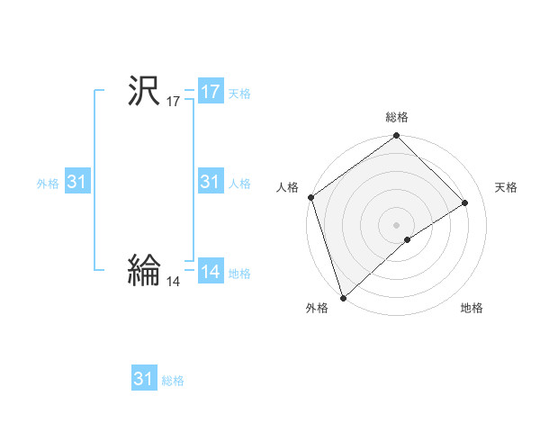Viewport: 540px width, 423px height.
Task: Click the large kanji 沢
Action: pos(143,91)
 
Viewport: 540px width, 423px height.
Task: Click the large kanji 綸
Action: pos(143,270)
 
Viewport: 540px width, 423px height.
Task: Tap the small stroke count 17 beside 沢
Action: pos(173,103)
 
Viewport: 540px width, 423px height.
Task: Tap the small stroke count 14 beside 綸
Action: pos(173,282)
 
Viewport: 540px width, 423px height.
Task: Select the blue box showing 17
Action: pos(211,92)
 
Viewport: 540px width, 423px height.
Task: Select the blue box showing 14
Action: pos(211,272)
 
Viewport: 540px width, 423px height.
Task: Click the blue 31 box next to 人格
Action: pos(211,183)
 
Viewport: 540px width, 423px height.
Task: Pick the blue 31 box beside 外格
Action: pos(77,183)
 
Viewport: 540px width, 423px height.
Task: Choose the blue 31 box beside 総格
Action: pos(144,379)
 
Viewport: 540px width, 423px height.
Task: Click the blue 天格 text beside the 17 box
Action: pos(239,94)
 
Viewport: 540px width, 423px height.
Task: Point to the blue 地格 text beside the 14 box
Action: pos(239,274)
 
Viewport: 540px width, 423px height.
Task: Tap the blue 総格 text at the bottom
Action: pos(173,381)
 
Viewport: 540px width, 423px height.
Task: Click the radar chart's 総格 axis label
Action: pos(397,117)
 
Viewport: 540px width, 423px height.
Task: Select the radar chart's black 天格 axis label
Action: pos(507,187)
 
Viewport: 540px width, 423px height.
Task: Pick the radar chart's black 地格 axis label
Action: pos(472,309)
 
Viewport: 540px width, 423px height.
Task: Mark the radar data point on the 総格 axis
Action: pos(397,138)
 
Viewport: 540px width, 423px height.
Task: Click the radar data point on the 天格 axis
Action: pos(465,202)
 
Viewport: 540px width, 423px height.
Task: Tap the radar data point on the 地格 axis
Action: pos(408,239)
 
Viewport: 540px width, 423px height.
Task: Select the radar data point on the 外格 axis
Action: pos(343,297)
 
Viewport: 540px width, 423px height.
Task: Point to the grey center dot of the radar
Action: pos(396,224)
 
